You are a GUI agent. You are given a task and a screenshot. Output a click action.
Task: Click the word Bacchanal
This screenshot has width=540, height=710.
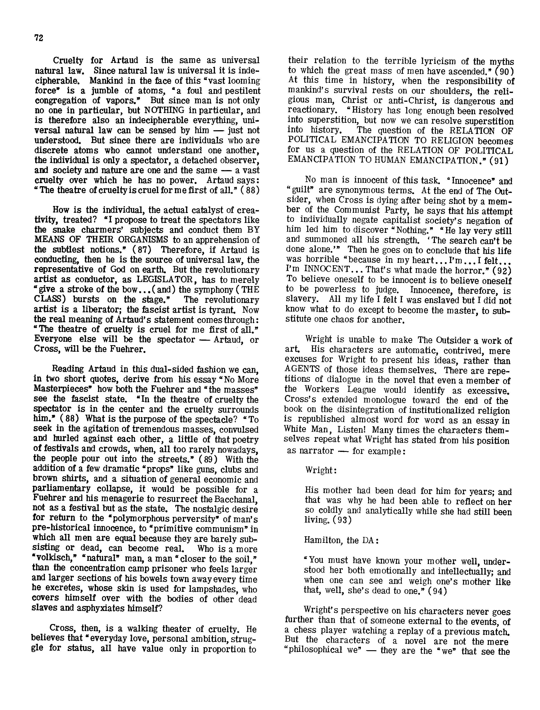point(237,500)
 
